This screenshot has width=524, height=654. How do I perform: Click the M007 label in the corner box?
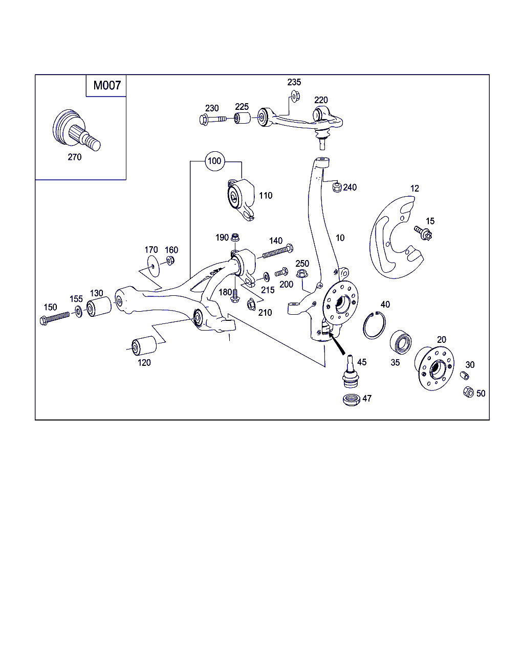pos(107,85)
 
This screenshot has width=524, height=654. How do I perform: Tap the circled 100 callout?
pos(214,161)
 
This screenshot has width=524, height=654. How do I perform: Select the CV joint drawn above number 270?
pos(76,130)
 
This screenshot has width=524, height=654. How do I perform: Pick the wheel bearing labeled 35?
pos(401,342)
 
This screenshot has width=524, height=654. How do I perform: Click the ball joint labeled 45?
pos(351,371)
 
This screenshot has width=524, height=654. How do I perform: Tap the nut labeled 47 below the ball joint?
pos(352,400)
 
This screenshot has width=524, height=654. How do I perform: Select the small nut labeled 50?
pos(468,392)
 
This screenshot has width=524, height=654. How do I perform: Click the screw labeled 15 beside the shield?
pos(423,233)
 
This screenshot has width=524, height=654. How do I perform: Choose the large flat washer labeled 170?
pos(153,266)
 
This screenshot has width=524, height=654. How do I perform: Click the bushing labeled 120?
pos(144,345)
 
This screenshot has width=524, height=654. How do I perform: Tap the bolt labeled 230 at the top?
pos(212,119)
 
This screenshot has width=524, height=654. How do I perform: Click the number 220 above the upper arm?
pos(321,100)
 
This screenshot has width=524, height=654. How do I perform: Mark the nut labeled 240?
pos(337,186)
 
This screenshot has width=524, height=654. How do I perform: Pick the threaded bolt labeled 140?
pos(277,251)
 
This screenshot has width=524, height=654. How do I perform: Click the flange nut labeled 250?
pos(301,273)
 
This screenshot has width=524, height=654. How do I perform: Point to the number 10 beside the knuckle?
pos(340,238)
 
